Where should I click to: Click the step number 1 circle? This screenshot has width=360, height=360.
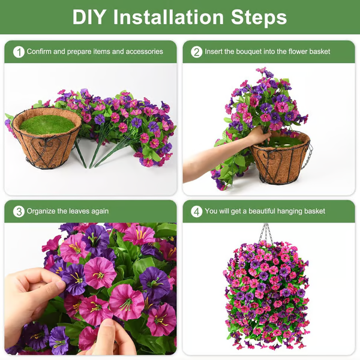tap(19, 52)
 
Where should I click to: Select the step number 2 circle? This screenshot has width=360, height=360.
tap(196, 52)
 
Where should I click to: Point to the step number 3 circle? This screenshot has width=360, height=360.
tap(19, 211)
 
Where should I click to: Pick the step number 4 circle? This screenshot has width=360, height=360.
tap(196, 211)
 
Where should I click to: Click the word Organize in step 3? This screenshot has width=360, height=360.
tap(41, 211)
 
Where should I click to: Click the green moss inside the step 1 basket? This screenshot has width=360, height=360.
tap(47, 124)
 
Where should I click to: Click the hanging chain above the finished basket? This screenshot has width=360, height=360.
tap(265, 232)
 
